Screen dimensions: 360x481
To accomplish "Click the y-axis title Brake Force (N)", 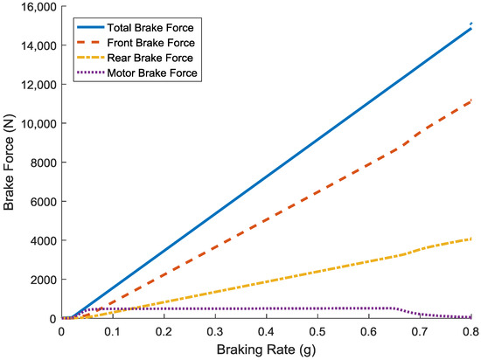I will click(x=10, y=163).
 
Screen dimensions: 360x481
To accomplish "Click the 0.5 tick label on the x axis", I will click(x=318, y=332).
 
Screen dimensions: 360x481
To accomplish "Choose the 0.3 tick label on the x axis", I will click(x=215, y=332).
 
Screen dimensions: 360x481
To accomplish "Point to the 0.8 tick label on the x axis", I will click(x=471, y=332).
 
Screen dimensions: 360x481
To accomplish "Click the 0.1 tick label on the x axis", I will click(x=113, y=332).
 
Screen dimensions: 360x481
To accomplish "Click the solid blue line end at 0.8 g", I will click(x=471, y=28).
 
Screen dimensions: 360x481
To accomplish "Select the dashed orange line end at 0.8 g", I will click(x=471, y=101).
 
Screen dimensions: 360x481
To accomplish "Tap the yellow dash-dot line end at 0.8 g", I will click(x=471, y=239).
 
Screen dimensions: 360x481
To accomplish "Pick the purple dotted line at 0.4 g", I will click(x=267, y=308).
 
